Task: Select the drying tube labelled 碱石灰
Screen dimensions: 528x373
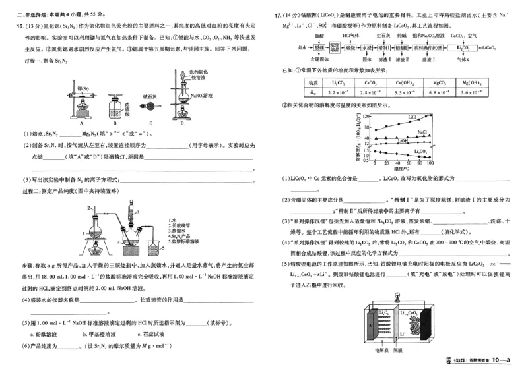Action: click(151, 105)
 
